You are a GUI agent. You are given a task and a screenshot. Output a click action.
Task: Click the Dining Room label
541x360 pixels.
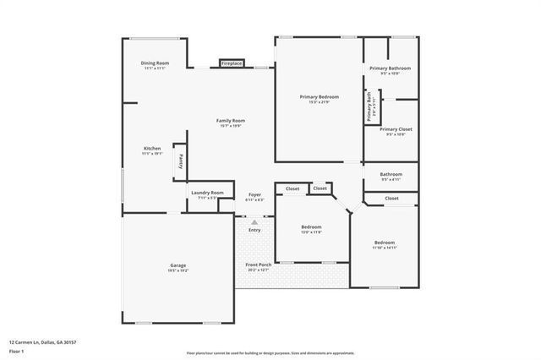[x=155, y=63]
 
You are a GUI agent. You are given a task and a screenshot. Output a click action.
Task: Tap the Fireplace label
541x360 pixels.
[x=232, y=63]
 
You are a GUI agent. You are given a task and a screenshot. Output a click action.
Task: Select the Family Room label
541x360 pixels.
[x=231, y=121]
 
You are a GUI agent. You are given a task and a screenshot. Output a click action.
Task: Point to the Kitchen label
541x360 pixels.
[x=151, y=149]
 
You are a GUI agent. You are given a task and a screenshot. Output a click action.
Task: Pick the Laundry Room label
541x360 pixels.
[x=207, y=193]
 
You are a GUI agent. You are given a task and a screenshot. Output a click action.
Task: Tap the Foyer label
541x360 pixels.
[x=254, y=194]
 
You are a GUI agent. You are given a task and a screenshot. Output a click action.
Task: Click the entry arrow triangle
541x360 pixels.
[x=254, y=221]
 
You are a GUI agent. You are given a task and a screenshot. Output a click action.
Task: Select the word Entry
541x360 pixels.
[x=254, y=230]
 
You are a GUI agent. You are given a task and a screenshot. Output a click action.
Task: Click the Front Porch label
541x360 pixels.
[x=258, y=265]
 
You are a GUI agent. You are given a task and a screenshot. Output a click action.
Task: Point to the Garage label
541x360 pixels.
[x=178, y=265]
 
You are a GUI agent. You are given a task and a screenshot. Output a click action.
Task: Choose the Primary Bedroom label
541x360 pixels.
[x=320, y=96]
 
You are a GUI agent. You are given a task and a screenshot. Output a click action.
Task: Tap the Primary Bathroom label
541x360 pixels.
[x=391, y=68]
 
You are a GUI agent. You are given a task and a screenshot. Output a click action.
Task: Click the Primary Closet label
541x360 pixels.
[x=396, y=129]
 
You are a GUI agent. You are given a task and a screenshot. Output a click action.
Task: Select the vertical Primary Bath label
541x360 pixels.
[x=369, y=106]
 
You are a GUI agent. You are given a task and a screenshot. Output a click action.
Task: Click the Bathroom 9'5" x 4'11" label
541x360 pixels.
[x=391, y=175]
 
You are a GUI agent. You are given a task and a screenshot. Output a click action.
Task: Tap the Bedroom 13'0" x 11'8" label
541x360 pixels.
[x=312, y=226]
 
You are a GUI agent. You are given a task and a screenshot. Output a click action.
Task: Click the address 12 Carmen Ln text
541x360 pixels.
[x=42, y=342]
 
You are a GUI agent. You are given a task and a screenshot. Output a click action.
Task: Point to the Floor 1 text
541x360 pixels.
[x=15, y=351]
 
